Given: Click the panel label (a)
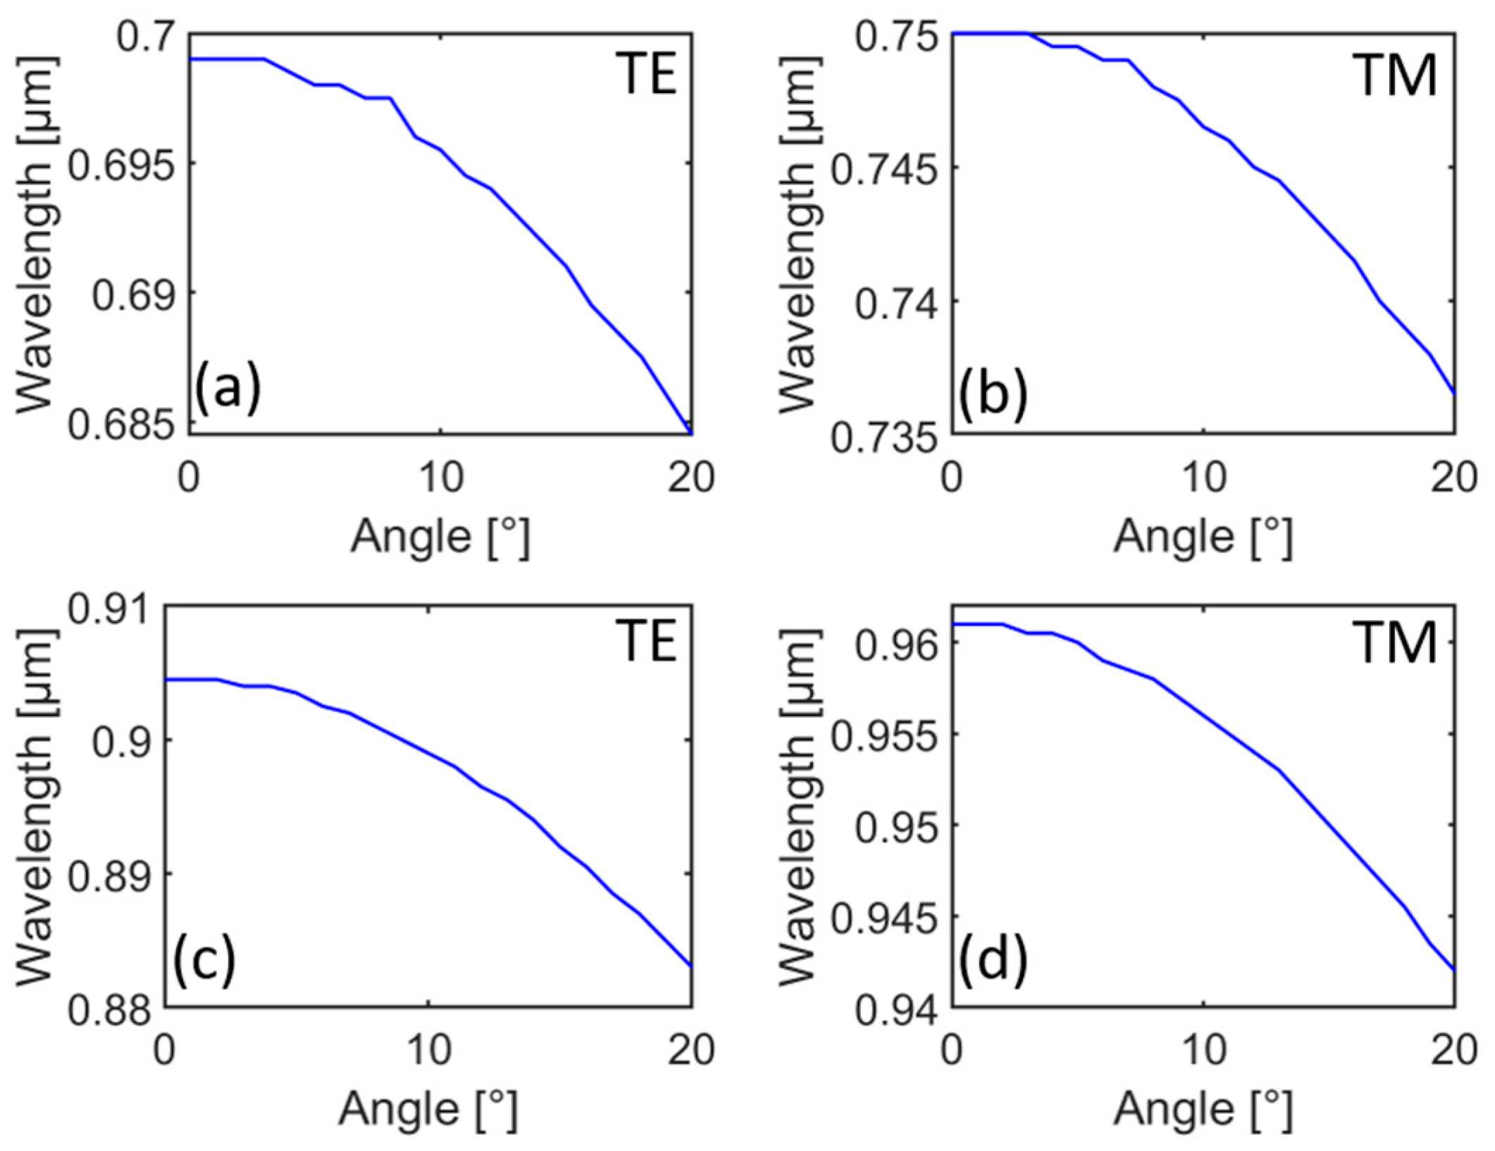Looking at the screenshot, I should click(228, 388).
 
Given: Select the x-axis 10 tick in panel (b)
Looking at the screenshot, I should click(1203, 478).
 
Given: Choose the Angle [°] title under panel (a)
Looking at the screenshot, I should click(440, 537).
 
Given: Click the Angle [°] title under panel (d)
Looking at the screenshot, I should click(1203, 1109).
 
